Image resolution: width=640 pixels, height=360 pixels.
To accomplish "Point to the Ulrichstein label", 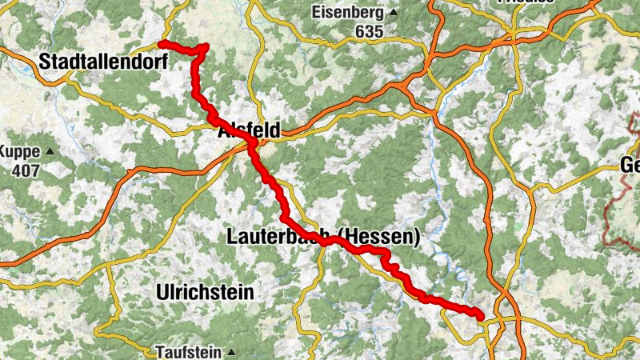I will [x=206, y=292].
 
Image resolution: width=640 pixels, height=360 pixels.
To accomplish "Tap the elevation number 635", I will [x=370, y=32].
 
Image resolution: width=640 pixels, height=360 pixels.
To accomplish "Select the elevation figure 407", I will [x=26, y=170].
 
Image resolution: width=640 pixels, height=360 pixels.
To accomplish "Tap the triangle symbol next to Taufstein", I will [x=231, y=352].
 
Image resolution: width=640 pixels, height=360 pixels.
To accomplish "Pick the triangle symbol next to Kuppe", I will [x=50, y=151].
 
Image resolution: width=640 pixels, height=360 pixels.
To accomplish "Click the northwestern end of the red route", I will [x=162, y=43].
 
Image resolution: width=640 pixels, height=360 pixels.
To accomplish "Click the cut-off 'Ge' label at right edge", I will [x=630, y=166].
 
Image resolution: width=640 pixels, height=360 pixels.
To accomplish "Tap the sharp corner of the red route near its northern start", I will [x=206, y=46].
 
